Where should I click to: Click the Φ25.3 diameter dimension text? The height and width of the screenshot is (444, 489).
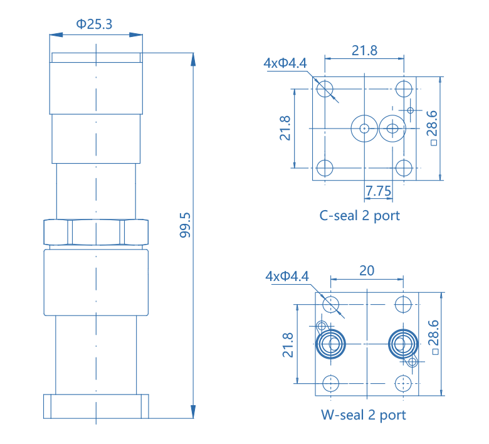point(95,24)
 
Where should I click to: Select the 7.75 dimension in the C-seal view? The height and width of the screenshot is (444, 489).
point(378,191)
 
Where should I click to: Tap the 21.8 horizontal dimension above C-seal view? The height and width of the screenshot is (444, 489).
point(364,51)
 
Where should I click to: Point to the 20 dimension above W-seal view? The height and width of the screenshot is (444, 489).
point(367,271)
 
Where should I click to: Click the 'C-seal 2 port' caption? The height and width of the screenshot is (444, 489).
point(359,216)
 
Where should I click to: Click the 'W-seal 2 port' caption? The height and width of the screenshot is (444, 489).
point(363,415)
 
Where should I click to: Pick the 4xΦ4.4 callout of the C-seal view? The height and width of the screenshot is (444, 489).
point(285,63)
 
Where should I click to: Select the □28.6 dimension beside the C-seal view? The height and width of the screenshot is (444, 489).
point(433,127)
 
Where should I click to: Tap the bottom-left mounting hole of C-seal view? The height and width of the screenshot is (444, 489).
point(325,167)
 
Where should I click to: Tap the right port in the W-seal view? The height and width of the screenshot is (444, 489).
point(402,344)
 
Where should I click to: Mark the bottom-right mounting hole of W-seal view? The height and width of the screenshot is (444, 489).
point(402,383)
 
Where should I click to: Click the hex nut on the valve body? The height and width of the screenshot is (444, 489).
point(96,232)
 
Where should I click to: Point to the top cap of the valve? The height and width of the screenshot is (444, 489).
point(96,58)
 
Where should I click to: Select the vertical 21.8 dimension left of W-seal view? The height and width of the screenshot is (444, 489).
point(288,345)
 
